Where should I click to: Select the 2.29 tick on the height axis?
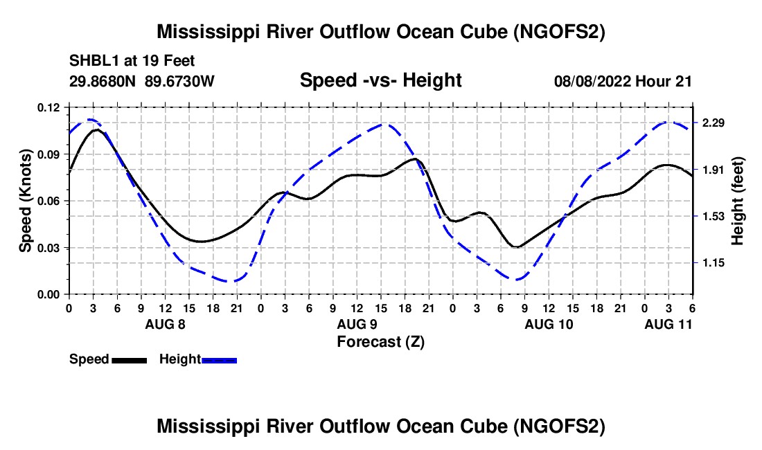713,123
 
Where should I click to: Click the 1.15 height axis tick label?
713,263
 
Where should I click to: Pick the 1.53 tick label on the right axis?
713,217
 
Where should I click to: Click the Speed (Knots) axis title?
25,201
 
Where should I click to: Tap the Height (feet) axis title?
737,201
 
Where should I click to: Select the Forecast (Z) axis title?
380,341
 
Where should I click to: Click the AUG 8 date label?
165,324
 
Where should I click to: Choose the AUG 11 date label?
668,324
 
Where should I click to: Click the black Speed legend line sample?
128,360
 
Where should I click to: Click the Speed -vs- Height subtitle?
380,80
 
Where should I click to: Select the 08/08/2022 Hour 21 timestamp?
623,81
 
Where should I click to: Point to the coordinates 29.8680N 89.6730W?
142,81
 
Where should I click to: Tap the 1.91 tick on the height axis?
713,170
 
